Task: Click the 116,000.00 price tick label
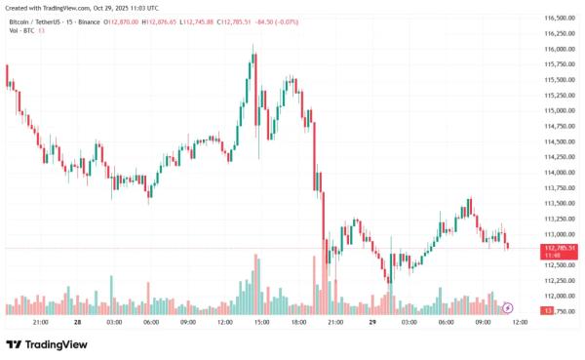pyautogui.click(x=557, y=49)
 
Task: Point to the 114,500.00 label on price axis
pyautogui.click(x=557, y=141)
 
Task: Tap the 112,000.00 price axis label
pyautogui.click(x=557, y=296)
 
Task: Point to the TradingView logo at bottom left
pyautogui.click(x=47, y=343)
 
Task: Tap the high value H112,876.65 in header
pyautogui.click(x=160, y=20)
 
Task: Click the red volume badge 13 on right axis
pyautogui.click(x=549, y=310)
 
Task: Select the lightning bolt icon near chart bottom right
pyautogui.click(x=507, y=307)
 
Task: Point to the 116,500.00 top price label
pyautogui.click(x=557, y=19)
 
